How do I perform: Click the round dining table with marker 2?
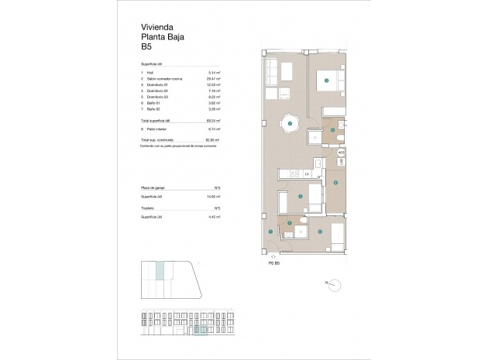pyautogui.click(x=289, y=123)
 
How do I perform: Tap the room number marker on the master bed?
pyautogui.click(x=327, y=80)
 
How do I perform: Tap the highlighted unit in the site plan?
pyautogui.click(x=160, y=271)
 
